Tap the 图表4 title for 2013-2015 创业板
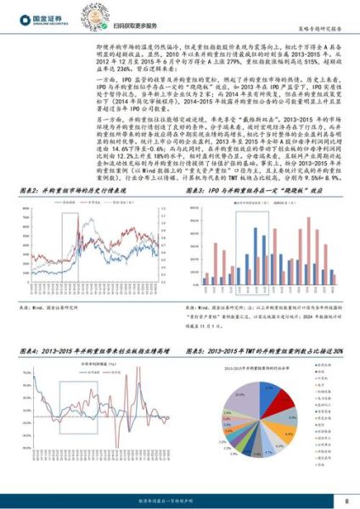click(93, 351)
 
